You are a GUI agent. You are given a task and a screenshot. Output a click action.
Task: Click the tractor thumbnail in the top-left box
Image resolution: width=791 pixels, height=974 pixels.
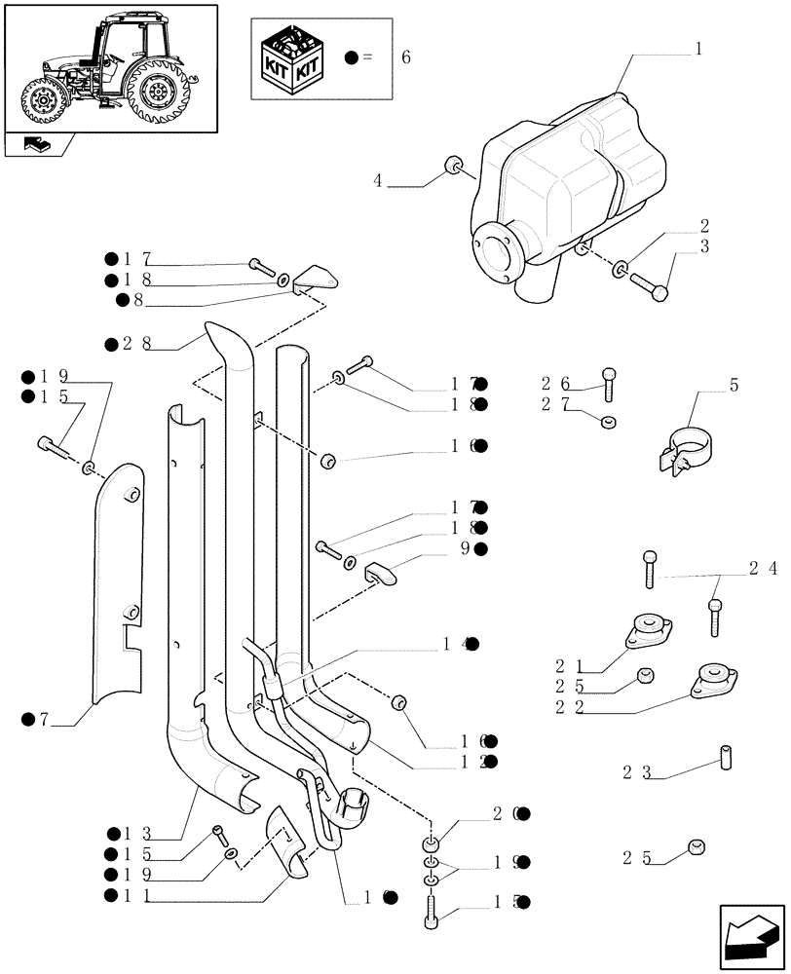[x=109, y=66]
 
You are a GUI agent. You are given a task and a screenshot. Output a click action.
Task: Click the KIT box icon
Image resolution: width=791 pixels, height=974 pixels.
[x=295, y=57]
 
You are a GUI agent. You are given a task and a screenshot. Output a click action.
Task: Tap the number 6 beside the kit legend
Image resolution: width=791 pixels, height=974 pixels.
[x=405, y=57]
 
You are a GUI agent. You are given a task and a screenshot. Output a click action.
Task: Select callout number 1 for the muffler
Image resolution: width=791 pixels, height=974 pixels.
[x=697, y=47]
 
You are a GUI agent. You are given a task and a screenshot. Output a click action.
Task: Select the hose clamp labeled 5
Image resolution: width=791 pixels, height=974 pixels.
[x=690, y=453]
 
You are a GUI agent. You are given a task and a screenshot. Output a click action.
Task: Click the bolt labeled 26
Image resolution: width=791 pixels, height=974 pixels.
[x=609, y=384]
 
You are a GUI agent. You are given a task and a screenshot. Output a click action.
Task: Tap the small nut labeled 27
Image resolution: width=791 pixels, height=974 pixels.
[x=608, y=422]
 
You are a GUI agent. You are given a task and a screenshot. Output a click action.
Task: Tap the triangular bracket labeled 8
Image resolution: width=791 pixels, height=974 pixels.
[x=317, y=280]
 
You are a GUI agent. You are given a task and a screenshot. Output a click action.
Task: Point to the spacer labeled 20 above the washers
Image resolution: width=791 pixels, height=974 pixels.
[x=432, y=843]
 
